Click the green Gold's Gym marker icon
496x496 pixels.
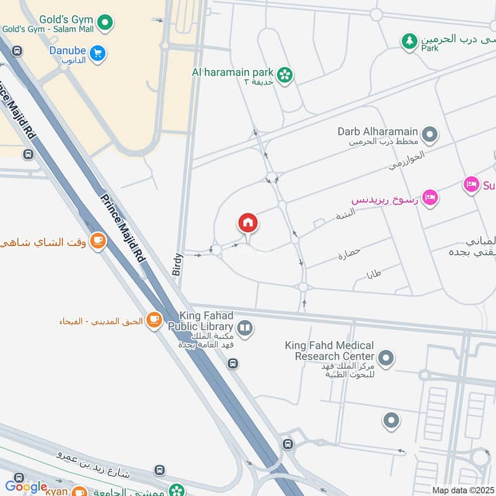(x=107, y=23)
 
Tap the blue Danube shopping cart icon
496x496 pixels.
(x=97, y=53)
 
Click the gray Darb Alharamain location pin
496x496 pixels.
(x=429, y=133)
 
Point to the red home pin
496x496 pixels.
(x=248, y=223)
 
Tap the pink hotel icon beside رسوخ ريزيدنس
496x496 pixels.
(x=431, y=198)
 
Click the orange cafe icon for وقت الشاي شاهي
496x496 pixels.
(x=97, y=241)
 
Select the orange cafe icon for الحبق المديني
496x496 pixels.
(x=154, y=321)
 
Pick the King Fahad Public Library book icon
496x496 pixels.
(x=246, y=328)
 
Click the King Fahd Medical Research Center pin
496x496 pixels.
(x=386, y=357)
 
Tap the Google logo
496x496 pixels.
(x=26, y=487)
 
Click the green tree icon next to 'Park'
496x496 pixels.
(x=409, y=42)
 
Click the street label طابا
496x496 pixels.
(x=374, y=273)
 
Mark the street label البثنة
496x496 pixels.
(x=345, y=216)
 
